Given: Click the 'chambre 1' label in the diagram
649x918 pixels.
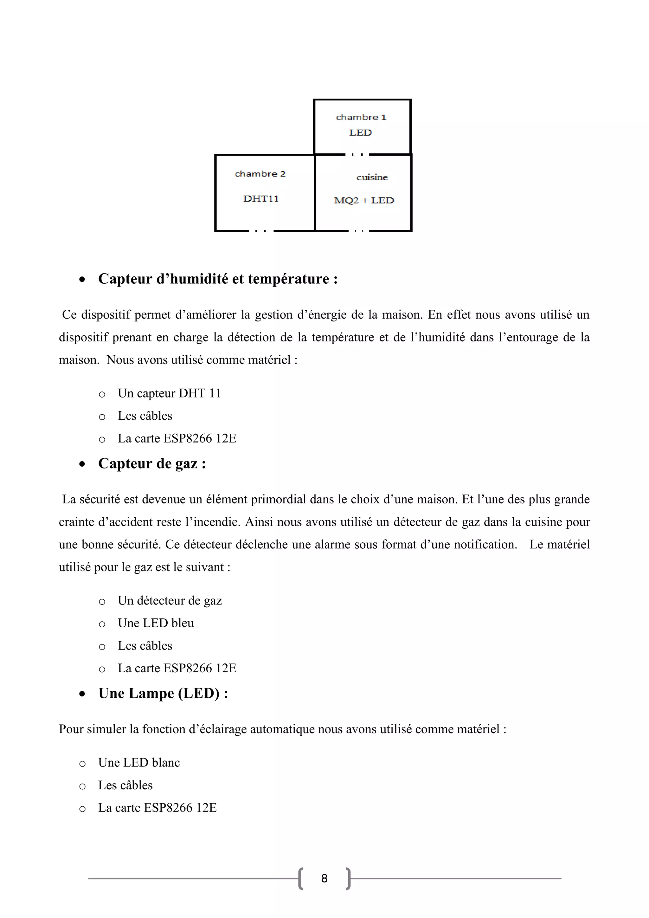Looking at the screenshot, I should [x=361, y=117].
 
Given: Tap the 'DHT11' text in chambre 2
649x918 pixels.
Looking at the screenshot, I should [x=260, y=199].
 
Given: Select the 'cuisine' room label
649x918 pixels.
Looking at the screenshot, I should [x=372, y=177].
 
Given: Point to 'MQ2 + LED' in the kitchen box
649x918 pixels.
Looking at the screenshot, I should [x=364, y=200].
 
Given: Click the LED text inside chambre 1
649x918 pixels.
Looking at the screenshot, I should [x=360, y=133].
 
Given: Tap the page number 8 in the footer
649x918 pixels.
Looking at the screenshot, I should [x=324, y=878].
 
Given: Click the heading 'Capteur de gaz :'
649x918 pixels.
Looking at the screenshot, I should [x=152, y=463].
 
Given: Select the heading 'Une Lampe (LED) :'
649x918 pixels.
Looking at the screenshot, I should [x=163, y=693].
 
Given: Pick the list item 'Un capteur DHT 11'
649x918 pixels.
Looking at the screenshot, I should [x=169, y=393].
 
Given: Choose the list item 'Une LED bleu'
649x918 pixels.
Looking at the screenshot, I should [x=156, y=623].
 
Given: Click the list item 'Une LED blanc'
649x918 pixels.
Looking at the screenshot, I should [x=139, y=763].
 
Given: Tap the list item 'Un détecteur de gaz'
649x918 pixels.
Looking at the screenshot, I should [x=170, y=601].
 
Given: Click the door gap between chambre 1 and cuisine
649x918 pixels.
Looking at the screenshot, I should [x=357, y=154].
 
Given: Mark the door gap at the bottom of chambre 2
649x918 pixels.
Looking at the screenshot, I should [x=261, y=231].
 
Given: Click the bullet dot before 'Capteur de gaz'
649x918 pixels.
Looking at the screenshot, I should [x=82, y=464].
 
